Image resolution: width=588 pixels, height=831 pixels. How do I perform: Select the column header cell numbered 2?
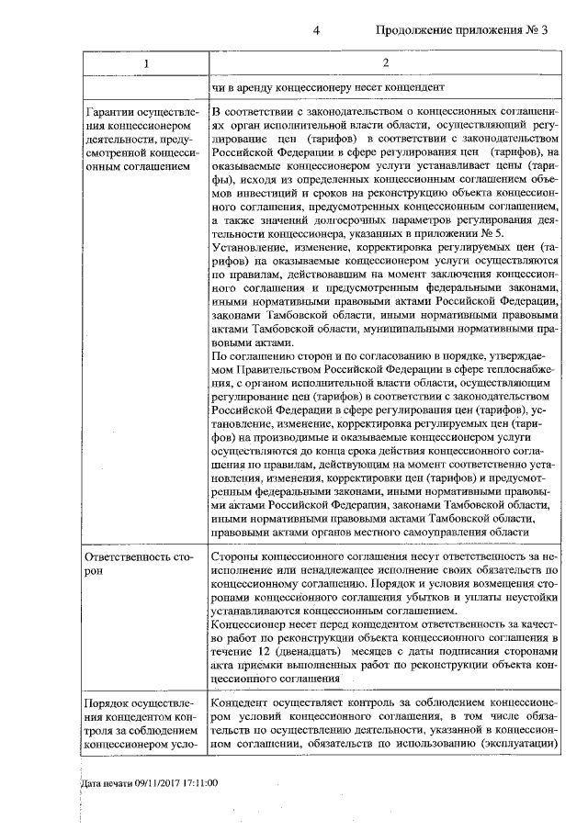tap(385, 62)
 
